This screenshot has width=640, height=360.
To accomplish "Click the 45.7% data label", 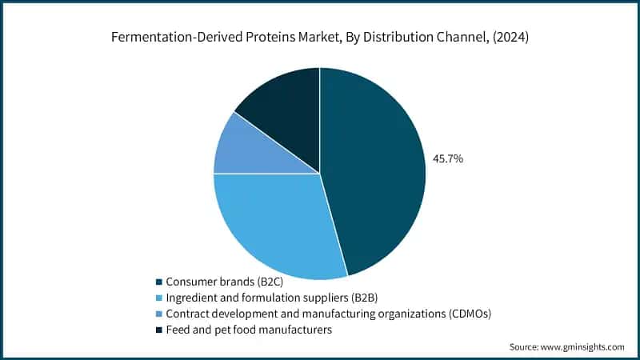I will coord(448,159).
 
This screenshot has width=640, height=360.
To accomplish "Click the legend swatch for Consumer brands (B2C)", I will coord(159,282).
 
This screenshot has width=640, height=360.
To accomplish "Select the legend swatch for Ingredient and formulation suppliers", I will coord(159,298).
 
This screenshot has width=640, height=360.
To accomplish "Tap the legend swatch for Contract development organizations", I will coord(159,314).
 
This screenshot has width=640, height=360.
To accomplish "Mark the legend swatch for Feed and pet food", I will coord(159,330).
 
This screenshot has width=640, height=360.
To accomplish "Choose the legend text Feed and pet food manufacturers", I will coord(248,330).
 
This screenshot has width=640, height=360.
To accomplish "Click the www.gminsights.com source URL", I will coord(583,347).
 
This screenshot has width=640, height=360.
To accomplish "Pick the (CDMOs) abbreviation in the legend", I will coord(463,314).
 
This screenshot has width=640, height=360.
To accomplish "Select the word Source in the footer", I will coord(525,347).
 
